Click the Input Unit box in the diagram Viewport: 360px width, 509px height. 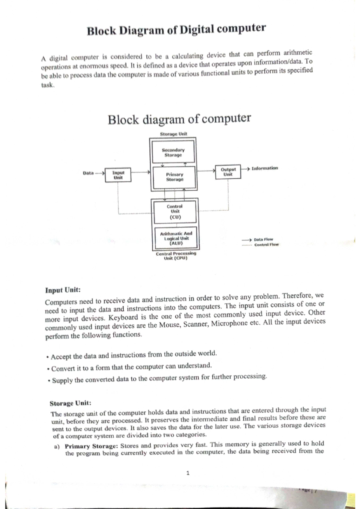click(x=118, y=175)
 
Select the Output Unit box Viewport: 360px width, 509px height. click(x=228, y=172)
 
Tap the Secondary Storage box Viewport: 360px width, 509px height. click(x=173, y=153)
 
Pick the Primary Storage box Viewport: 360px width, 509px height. click(x=175, y=177)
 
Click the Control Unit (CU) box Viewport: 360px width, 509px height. click(x=175, y=212)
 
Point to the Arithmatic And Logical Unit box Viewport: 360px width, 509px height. click(x=176, y=238)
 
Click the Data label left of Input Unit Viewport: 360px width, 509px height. click(x=88, y=173)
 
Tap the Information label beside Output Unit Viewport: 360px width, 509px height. click(x=265, y=168)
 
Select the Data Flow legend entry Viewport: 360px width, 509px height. click(x=263, y=240)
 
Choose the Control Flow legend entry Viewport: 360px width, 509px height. click(x=266, y=245)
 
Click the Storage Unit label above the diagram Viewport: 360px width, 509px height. click(x=173, y=134)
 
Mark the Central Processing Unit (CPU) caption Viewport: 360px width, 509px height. click(x=176, y=256)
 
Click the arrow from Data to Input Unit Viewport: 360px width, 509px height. click(x=99, y=173)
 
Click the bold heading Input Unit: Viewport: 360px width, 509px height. click(x=63, y=290)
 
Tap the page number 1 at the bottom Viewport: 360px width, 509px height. click(x=188, y=473)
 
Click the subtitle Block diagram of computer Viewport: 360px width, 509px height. click(x=179, y=119)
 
